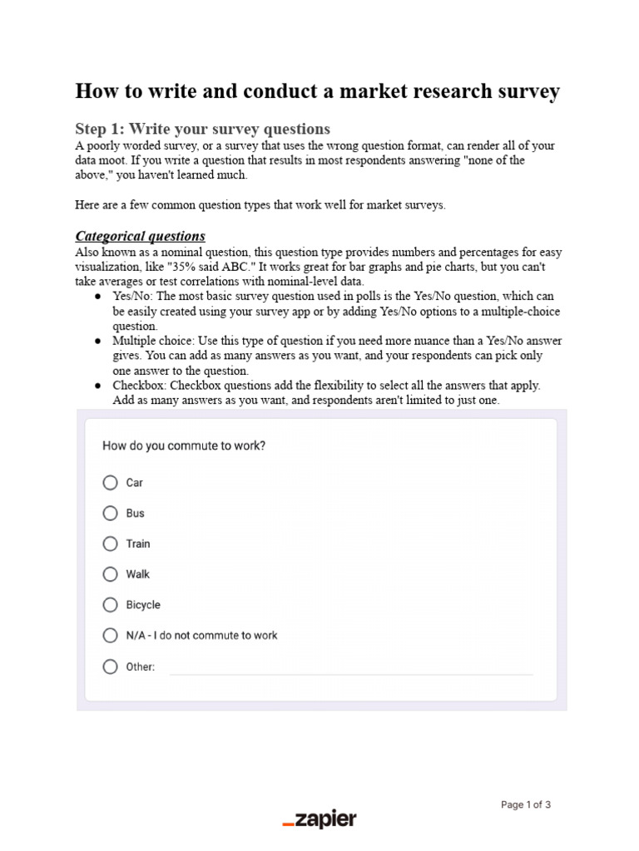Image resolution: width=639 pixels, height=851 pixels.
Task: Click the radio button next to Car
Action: (111, 483)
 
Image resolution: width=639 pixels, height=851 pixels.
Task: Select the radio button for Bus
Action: (111, 514)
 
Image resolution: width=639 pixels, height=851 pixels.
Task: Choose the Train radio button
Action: (111, 544)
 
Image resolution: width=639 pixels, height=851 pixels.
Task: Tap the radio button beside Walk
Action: (111, 574)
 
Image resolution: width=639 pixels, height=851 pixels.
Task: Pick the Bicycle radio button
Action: (111, 605)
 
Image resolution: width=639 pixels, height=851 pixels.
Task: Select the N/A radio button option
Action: (111, 636)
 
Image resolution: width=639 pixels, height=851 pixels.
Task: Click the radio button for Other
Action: (111, 667)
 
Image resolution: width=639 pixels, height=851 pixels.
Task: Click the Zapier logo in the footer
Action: (319, 819)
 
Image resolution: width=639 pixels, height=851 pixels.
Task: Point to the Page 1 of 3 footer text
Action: (526, 804)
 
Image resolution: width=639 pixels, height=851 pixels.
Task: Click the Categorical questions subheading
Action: (141, 236)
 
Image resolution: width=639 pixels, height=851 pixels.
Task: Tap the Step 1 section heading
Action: (202, 129)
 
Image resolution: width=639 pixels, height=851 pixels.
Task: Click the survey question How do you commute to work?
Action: (184, 445)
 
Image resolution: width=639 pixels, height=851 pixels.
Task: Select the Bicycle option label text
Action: (143, 605)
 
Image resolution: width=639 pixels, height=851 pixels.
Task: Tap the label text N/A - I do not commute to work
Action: (201, 636)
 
